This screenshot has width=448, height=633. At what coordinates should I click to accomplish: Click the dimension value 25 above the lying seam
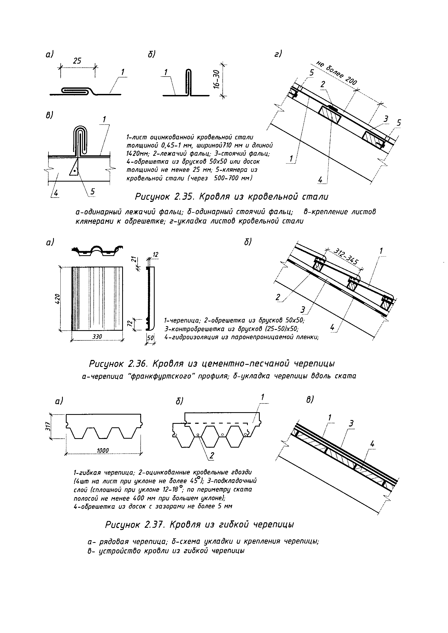pos(77,61)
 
